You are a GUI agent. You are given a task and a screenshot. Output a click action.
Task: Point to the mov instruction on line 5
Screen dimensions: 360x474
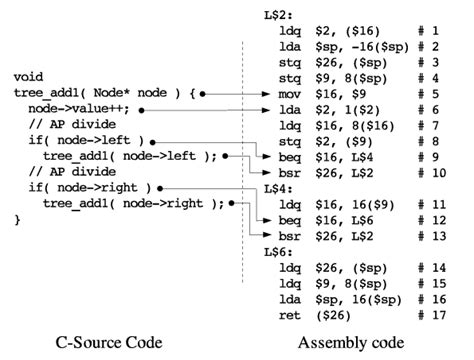(x=291, y=91)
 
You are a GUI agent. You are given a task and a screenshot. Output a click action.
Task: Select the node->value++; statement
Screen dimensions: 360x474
(x=80, y=107)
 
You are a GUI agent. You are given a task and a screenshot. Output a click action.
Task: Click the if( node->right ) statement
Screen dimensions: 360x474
(x=89, y=187)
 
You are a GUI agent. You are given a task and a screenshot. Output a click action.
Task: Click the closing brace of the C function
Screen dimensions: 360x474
(x=17, y=219)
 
